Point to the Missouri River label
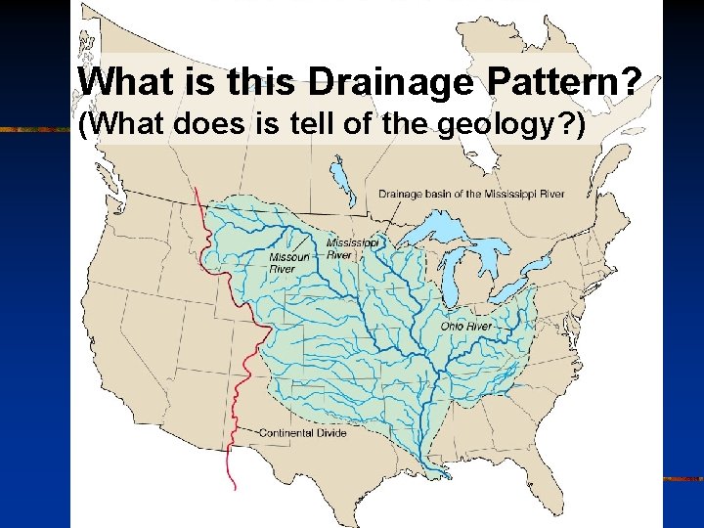click(x=288, y=263)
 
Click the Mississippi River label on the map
click(x=352, y=247)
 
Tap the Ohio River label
click(x=466, y=326)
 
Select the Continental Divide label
click(x=302, y=432)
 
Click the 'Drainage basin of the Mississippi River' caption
click(x=471, y=194)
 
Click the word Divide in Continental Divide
click(x=330, y=432)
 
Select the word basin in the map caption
click(x=433, y=194)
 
